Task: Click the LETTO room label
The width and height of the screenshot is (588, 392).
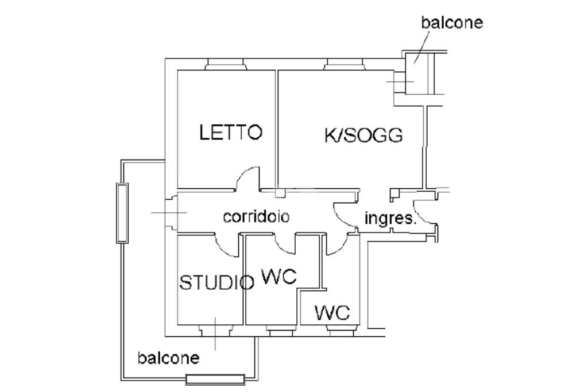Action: tap(231, 133)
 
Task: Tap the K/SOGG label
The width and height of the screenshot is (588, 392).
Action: tap(363, 135)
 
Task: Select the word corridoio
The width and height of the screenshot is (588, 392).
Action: tap(256, 217)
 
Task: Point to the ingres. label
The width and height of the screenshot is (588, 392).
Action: tap(390, 219)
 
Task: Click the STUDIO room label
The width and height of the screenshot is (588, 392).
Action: tap(216, 282)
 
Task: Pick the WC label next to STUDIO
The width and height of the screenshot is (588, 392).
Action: tap(279, 277)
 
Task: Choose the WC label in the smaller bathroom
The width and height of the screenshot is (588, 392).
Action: tap(332, 313)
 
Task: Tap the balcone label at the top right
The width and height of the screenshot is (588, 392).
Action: tap(452, 22)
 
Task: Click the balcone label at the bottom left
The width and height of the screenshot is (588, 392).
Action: tap(168, 358)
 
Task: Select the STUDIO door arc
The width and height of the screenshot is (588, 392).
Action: tap(226, 247)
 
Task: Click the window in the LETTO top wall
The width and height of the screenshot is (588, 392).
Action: tap(226, 64)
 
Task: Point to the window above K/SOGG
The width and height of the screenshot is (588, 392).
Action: tap(344, 64)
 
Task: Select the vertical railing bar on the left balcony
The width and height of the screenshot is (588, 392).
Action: tap(122, 212)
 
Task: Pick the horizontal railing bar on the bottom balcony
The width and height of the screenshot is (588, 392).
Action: tap(215, 379)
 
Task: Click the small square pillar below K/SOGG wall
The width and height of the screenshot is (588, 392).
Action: tap(280, 193)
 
